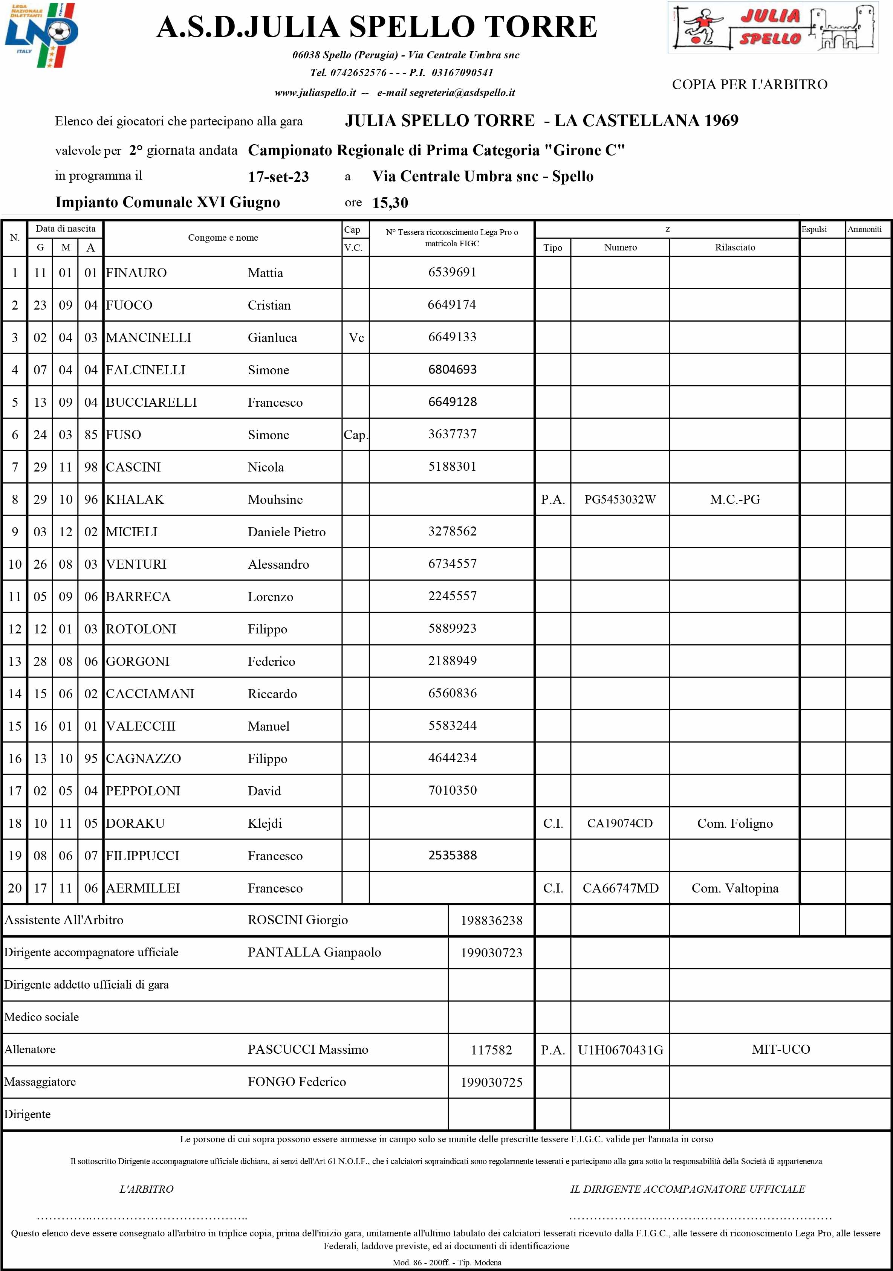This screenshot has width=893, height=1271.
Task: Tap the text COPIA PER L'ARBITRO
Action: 749,85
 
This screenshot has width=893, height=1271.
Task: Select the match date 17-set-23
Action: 278,177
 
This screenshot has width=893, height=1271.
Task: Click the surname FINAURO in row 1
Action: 136,273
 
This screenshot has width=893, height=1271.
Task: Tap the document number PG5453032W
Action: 620,500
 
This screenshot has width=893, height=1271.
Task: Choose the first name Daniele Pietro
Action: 286,532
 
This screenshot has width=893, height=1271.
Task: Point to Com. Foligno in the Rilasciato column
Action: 735,824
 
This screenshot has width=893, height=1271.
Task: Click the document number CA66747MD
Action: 621,888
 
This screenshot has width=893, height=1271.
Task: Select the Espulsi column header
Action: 814,229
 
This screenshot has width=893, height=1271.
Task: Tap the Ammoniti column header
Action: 864,229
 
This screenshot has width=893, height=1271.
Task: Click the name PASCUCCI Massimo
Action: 307,1050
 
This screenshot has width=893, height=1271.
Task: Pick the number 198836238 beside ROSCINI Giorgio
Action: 491,921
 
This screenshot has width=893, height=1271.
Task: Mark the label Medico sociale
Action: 41,1017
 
